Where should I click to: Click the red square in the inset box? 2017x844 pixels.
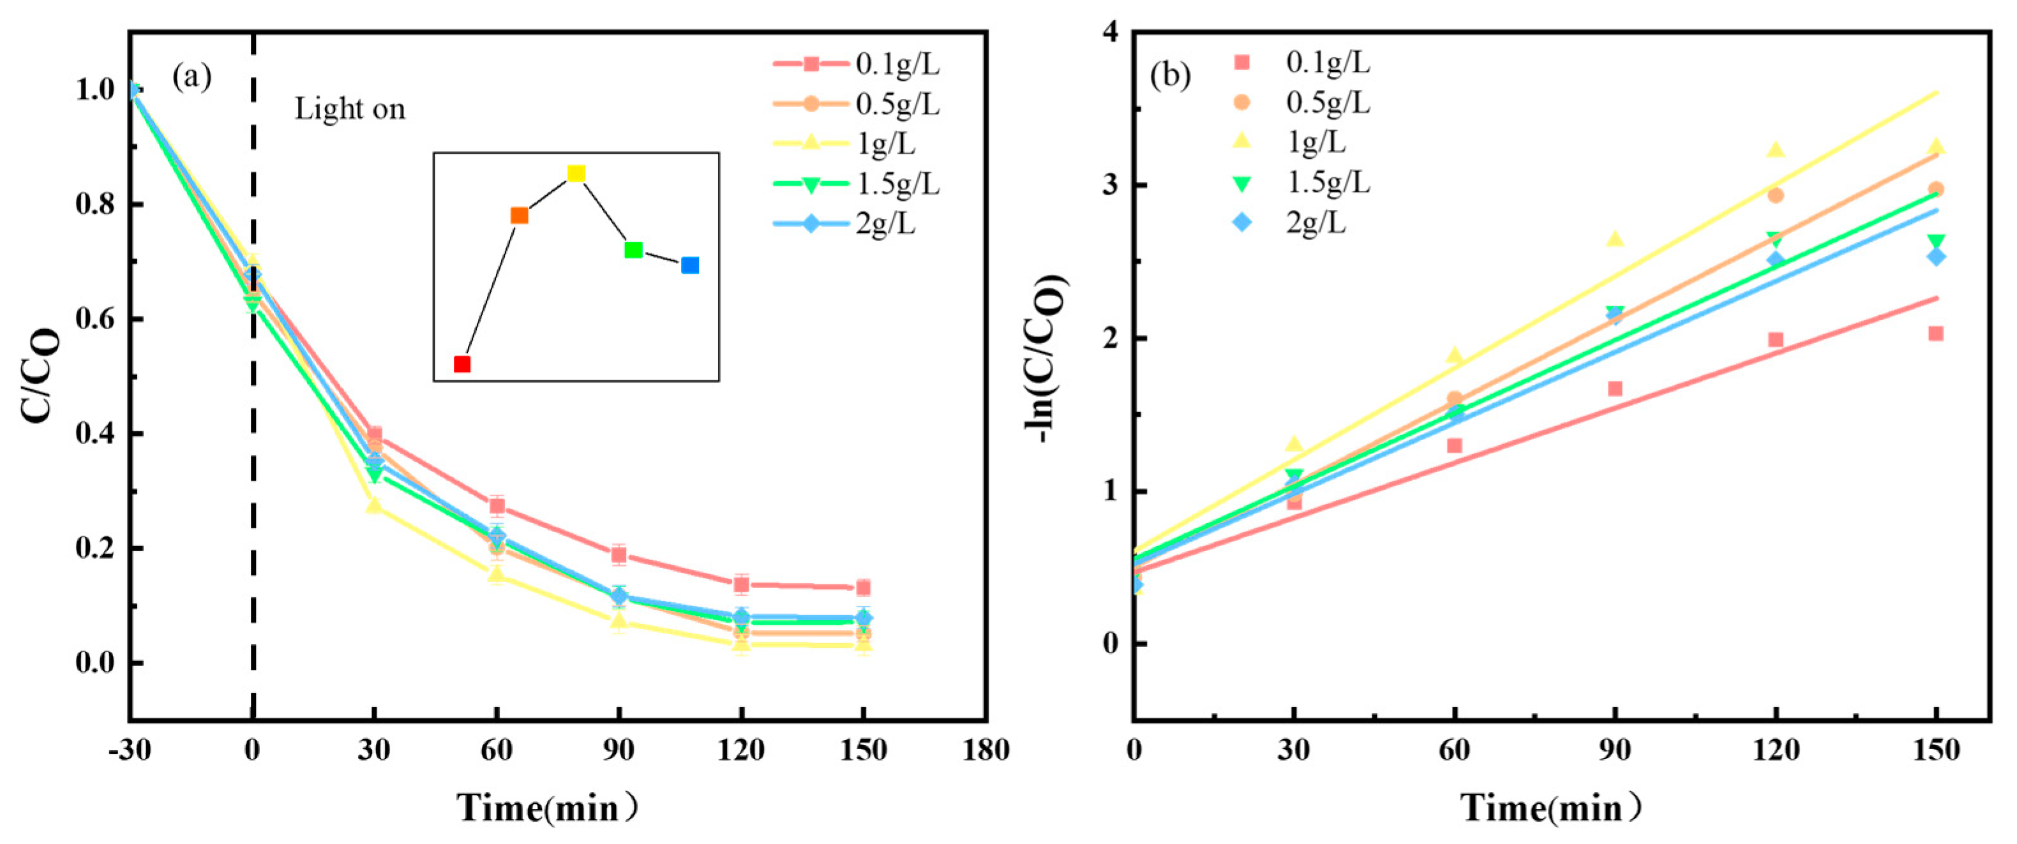click(462, 364)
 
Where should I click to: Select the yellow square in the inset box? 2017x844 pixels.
click(576, 173)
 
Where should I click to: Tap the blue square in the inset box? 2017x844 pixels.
click(690, 265)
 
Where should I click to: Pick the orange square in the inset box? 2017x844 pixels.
click(519, 216)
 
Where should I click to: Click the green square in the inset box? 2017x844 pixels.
click(633, 250)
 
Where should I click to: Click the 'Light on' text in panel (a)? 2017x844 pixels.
click(350, 109)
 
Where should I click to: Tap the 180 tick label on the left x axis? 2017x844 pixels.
click(985, 750)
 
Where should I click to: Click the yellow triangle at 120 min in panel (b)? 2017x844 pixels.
click(1776, 149)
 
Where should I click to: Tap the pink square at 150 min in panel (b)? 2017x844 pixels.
click(1935, 334)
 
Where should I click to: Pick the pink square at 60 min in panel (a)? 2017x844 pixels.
click(497, 506)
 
